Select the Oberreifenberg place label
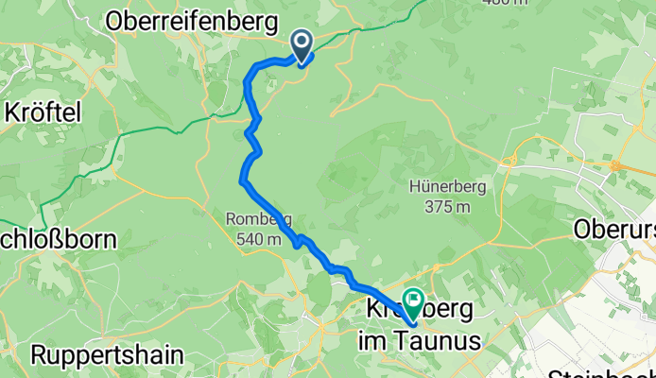(x=192, y=20)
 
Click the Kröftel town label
(x=43, y=112)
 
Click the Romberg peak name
(x=254, y=220)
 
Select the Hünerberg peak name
(x=448, y=187)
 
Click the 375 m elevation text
(x=448, y=206)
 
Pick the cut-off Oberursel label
(x=614, y=229)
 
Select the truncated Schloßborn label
(x=59, y=239)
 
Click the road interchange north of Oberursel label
(x=615, y=165)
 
